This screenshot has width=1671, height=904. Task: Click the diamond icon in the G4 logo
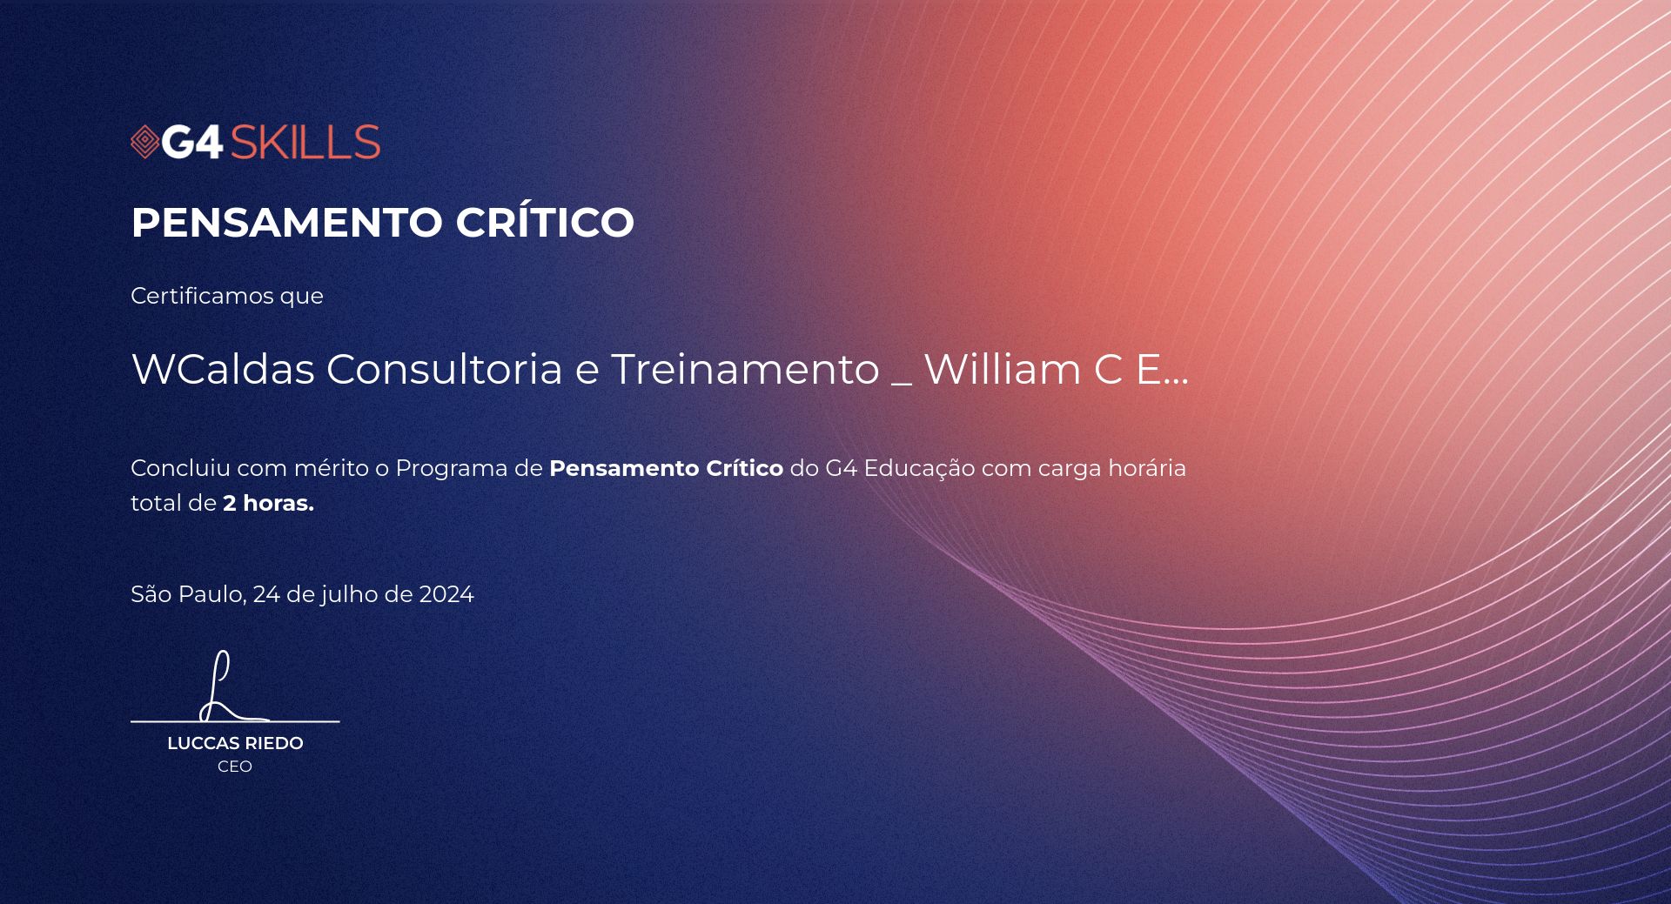point(145,143)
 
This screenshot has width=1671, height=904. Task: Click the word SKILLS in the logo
point(305,143)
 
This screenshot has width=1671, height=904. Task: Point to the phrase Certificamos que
point(227,296)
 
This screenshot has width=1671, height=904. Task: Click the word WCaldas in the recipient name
point(223,369)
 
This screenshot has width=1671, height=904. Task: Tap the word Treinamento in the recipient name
point(745,369)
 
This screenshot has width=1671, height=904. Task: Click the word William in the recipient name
point(1002,369)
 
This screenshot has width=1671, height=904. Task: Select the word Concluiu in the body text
point(181,468)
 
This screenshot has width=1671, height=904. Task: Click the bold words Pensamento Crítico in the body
point(666,468)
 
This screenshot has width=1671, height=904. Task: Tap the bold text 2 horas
point(268,503)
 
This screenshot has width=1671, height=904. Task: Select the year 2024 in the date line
point(446,594)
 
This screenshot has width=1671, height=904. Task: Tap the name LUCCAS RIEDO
point(235,743)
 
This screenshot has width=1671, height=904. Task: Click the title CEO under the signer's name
point(235,767)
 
